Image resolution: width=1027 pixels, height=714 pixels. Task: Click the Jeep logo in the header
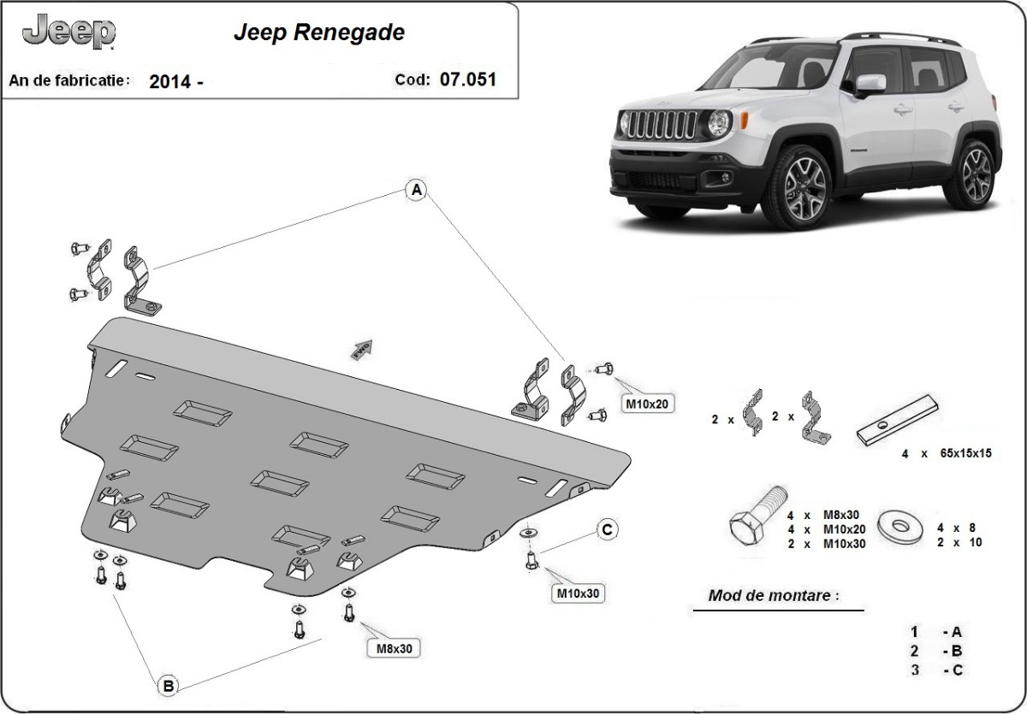(x=68, y=32)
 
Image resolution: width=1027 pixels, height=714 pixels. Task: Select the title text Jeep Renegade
(x=319, y=33)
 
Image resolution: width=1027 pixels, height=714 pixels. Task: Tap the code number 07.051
(x=467, y=80)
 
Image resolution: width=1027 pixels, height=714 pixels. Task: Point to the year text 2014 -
(x=176, y=82)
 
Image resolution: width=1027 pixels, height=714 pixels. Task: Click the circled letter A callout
(x=416, y=190)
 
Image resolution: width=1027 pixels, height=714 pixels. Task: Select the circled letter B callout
(x=168, y=684)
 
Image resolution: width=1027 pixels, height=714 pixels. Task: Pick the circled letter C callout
(x=606, y=530)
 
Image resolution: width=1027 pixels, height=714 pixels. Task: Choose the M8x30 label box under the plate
(x=395, y=648)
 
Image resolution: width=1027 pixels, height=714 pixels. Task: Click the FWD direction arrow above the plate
(x=359, y=346)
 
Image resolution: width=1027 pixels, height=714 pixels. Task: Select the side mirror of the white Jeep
(x=870, y=84)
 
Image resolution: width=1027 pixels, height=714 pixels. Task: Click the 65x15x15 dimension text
(x=958, y=453)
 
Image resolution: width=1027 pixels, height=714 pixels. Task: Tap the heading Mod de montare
(x=769, y=595)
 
